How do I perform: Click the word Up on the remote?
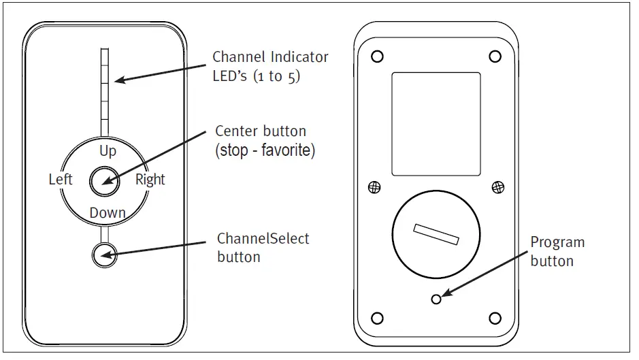coord(108,150)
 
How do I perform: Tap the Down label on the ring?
coord(108,213)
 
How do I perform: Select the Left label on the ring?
coord(61,180)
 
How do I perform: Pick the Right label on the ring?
coord(150,180)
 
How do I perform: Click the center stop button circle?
coord(104,180)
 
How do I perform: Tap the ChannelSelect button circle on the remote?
coord(104,255)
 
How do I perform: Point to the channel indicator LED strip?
coord(104,91)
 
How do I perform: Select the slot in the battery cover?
coord(436,235)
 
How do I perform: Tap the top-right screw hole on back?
coord(495,56)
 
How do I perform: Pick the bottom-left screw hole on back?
coord(378,318)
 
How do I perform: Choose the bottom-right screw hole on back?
coord(495,318)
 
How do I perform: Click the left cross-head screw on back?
coord(374,187)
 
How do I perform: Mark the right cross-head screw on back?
coord(498,187)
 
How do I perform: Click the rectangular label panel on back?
coord(436,124)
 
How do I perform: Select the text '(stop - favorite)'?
coord(265,150)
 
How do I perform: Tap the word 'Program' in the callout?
coord(557,243)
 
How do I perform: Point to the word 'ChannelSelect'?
coord(263,239)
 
